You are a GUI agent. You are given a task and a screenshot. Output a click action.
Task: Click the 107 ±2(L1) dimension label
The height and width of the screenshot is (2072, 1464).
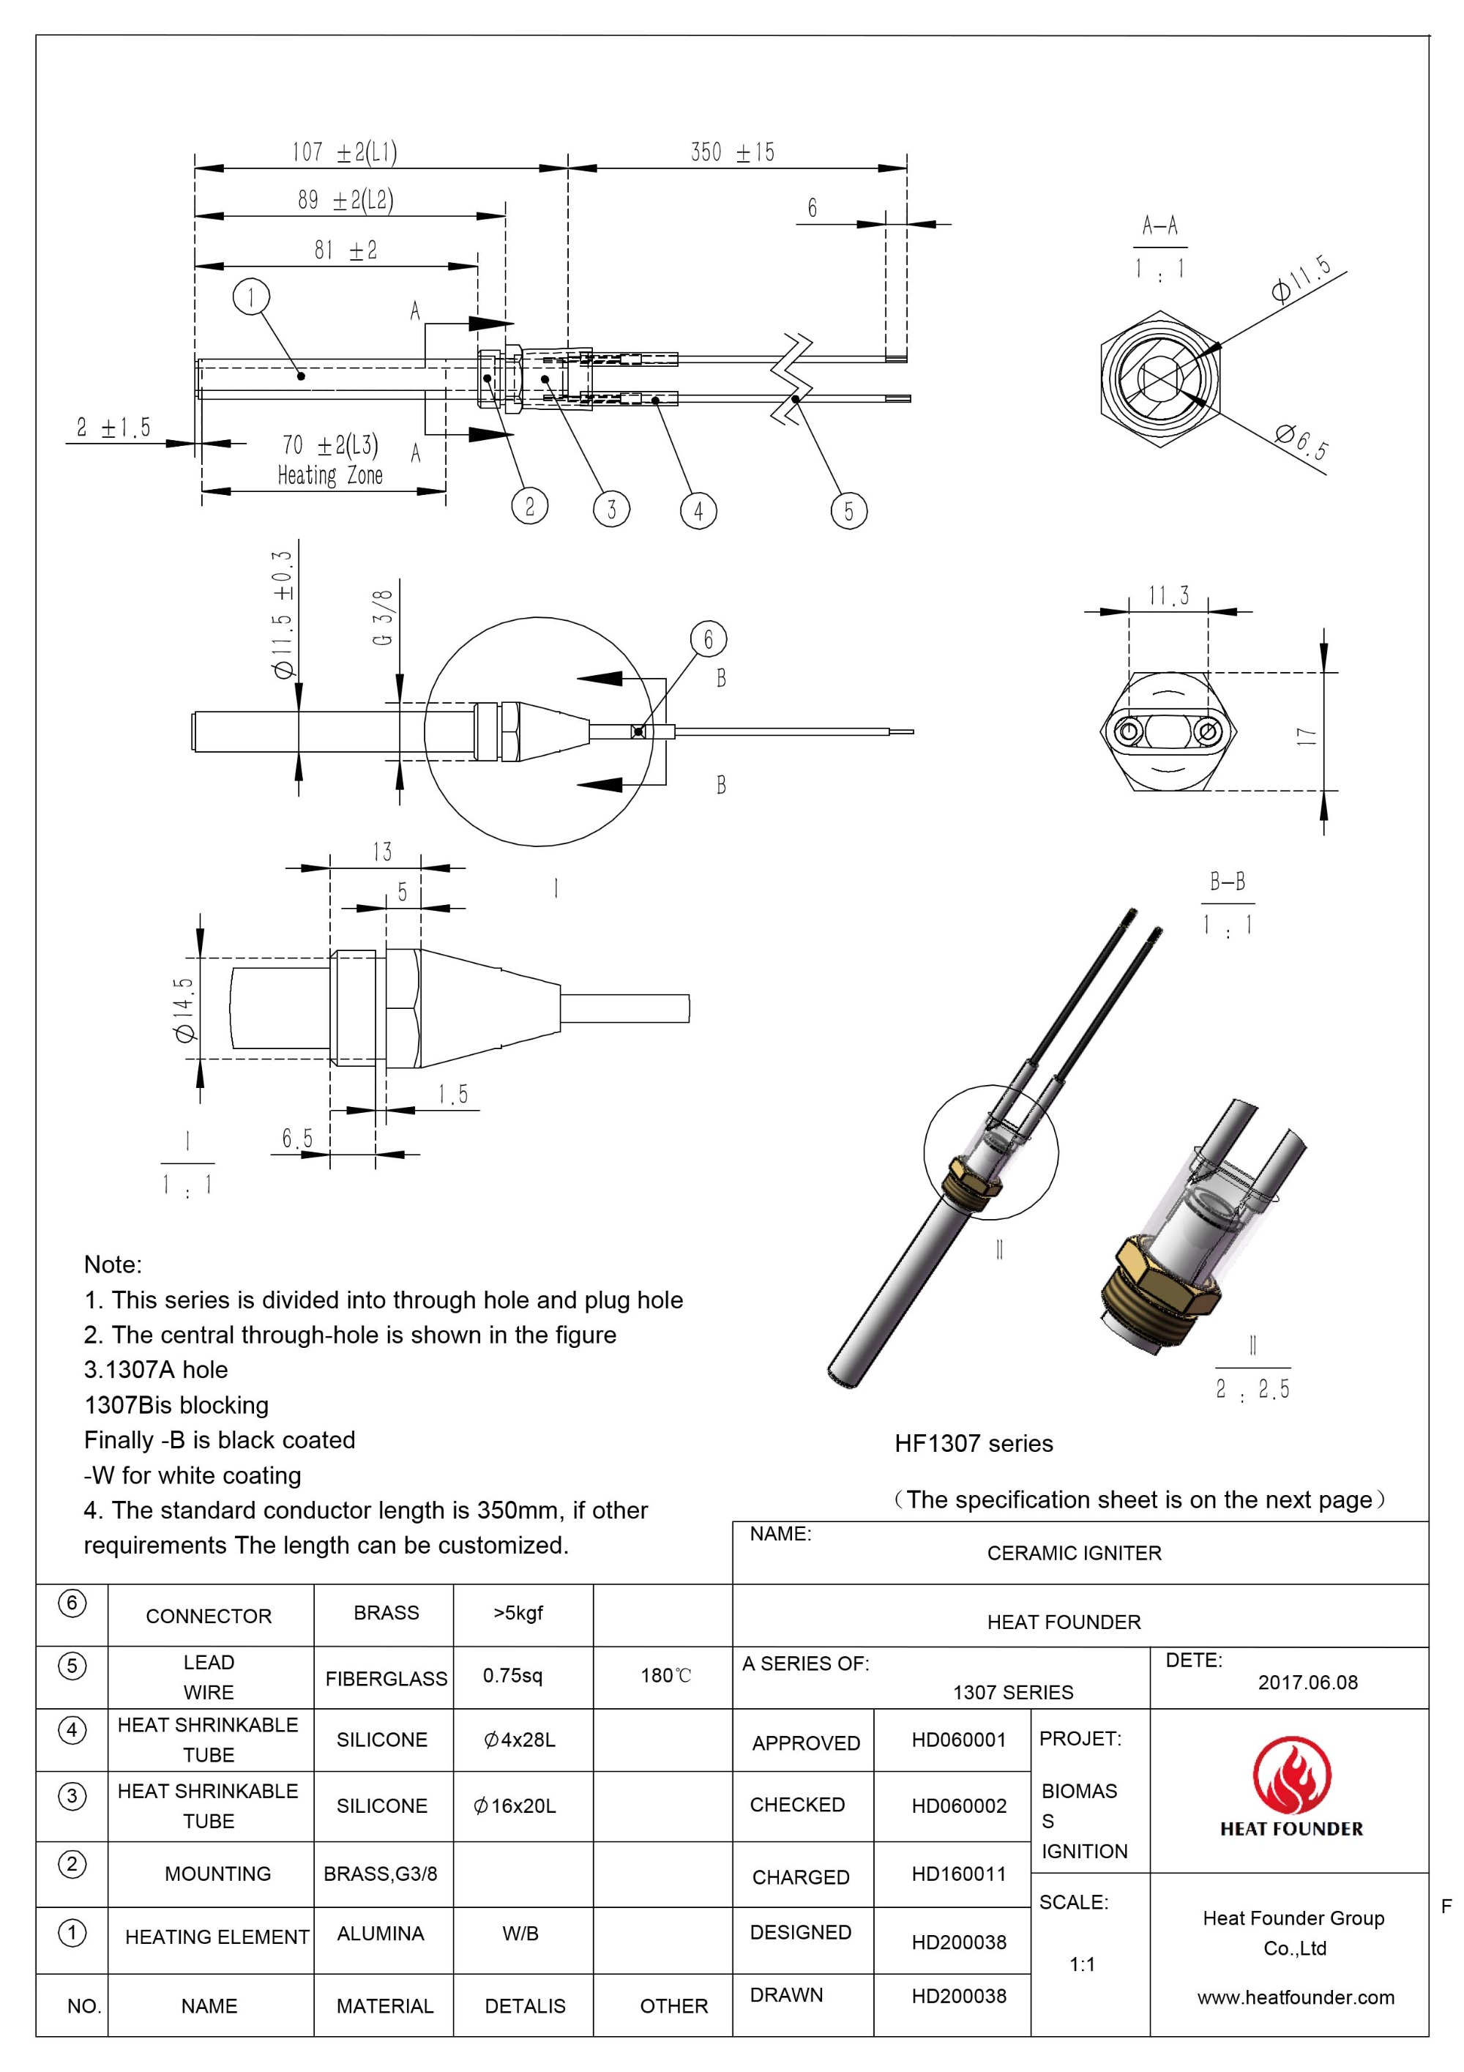[x=344, y=152]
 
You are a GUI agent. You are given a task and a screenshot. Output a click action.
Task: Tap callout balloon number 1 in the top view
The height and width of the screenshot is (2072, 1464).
[x=251, y=296]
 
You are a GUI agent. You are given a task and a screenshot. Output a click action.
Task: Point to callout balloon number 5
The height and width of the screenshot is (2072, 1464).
[x=848, y=511]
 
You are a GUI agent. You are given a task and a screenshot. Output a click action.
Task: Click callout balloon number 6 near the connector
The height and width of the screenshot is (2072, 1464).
[x=708, y=639]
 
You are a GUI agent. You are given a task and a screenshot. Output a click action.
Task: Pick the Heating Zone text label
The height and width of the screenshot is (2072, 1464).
[x=329, y=476]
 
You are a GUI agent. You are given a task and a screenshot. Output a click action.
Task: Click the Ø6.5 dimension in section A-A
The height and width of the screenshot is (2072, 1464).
[x=1301, y=441]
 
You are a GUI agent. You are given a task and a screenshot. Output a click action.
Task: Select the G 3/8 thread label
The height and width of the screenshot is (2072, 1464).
[x=382, y=617]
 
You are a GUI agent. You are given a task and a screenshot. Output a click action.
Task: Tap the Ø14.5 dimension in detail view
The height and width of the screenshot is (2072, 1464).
[x=185, y=1010]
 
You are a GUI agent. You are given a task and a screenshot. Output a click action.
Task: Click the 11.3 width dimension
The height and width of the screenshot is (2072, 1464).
[x=1168, y=597]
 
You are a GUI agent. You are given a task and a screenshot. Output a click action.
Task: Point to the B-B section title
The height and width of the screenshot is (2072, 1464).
[x=1227, y=882]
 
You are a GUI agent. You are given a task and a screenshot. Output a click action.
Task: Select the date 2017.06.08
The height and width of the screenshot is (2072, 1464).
[x=1307, y=1682]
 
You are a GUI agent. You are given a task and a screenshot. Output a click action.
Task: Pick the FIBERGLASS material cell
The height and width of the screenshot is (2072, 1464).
[x=386, y=1679]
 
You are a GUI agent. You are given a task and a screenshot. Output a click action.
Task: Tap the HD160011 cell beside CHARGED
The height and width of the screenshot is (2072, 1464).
[x=958, y=1874]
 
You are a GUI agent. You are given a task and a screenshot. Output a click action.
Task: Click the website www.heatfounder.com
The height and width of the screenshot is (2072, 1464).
[x=1296, y=1997]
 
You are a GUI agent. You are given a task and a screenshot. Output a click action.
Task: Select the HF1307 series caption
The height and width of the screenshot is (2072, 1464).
[x=974, y=1444]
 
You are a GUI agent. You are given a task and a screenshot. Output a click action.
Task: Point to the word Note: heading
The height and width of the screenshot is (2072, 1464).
[x=113, y=1264]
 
